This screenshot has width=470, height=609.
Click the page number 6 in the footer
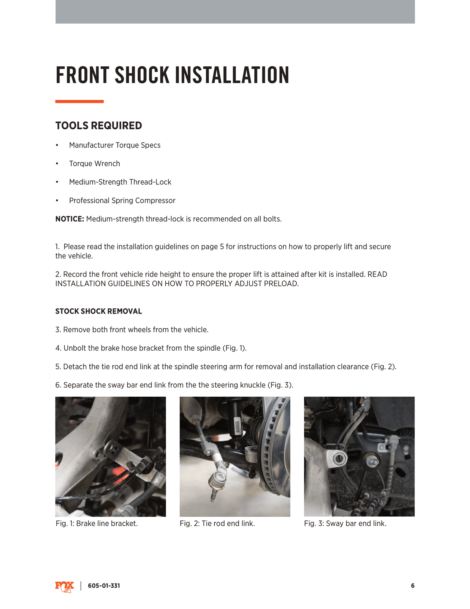(412, 586)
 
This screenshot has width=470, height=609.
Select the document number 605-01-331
(104, 586)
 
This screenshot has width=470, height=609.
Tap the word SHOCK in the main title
(142, 75)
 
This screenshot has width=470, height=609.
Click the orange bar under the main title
(79, 101)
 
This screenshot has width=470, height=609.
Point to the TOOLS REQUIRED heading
(99, 125)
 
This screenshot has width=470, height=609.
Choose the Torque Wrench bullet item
(94, 164)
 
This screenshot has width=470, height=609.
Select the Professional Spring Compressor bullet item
(122, 200)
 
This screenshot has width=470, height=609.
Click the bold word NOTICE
(70, 219)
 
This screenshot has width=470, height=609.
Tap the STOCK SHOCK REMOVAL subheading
(99, 311)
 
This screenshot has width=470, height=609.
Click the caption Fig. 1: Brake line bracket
(97, 523)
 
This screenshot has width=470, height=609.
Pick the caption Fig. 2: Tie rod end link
(217, 523)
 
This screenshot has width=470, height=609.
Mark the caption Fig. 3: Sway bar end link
(345, 523)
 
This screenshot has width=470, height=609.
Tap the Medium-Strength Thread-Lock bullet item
(120, 182)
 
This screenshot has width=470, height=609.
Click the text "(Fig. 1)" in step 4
(234, 348)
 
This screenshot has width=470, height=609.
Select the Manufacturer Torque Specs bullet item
(115, 145)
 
